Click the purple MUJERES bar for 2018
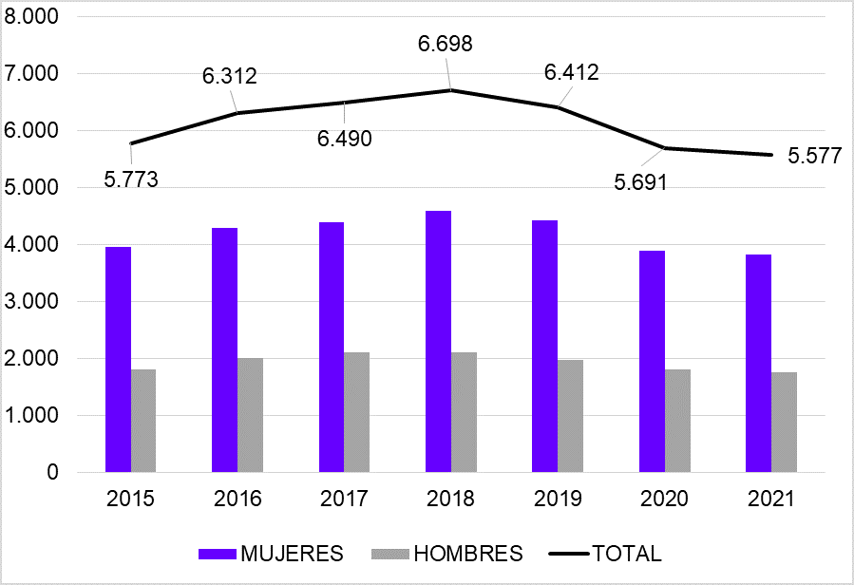coord(438,342)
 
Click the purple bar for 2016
coord(225,350)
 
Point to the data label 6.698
coord(446,44)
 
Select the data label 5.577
coord(814,157)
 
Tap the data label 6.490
coord(344,139)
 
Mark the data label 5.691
coord(639,182)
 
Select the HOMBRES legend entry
coord(450,554)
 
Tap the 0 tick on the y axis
coord(51,473)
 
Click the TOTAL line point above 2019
coord(557,107)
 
